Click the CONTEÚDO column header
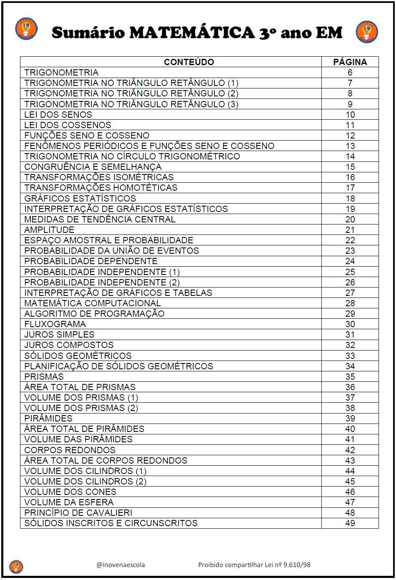click(189, 62)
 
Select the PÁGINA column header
click(350, 62)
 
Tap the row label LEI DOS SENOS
click(58, 115)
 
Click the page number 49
click(350, 523)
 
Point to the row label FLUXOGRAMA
click(55, 324)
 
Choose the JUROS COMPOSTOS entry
click(69, 345)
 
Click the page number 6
click(350, 73)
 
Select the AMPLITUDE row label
click(49, 230)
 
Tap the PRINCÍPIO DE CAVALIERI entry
click(78, 513)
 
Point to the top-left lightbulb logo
click(26, 29)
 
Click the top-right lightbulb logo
click(367, 32)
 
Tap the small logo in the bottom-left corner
click(16, 566)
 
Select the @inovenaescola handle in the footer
click(121, 565)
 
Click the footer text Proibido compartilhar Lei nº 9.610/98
click(254, 565)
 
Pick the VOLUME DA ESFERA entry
click(69, 502)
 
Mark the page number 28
click(350, 303)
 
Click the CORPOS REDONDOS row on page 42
click(70, 450)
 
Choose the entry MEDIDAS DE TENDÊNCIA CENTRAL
click(100, 219)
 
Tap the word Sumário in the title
click(88, 33)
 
